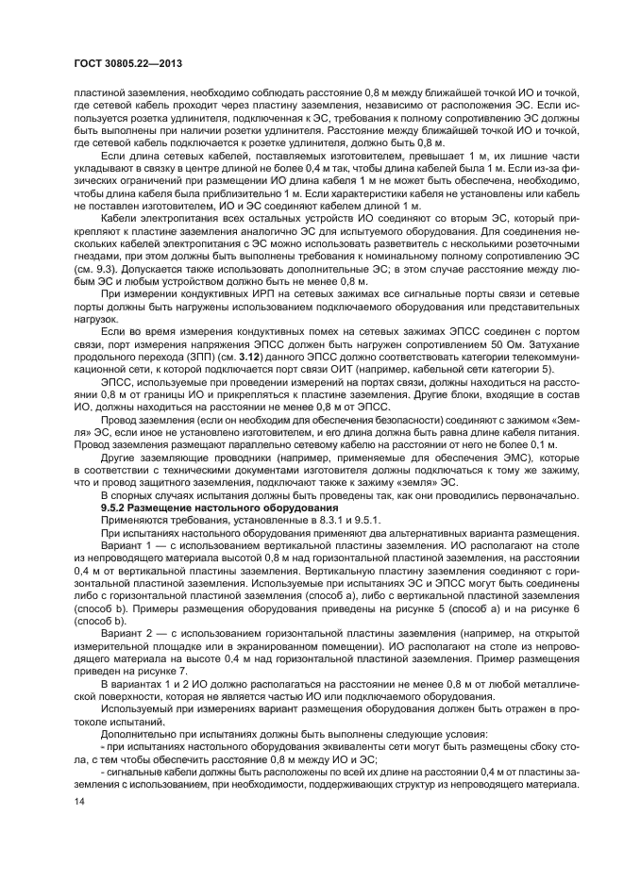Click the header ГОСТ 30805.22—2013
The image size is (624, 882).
coord(126,63)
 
